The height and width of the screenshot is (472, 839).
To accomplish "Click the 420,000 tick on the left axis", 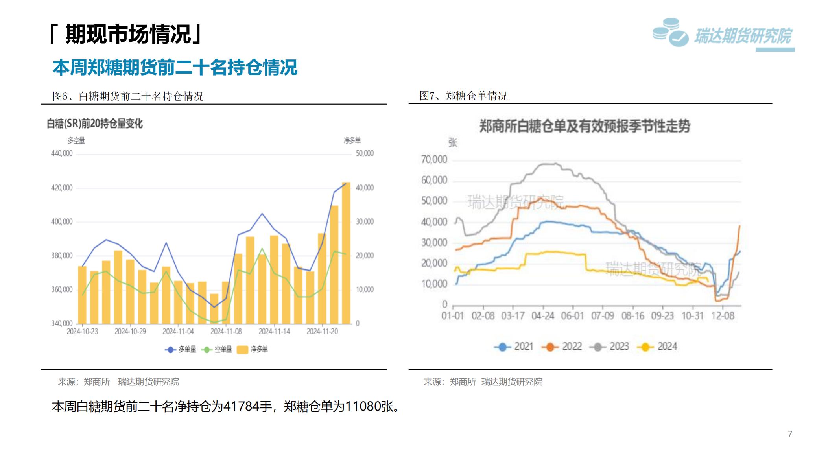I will (62, 188).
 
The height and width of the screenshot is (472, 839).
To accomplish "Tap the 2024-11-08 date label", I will (226, 332).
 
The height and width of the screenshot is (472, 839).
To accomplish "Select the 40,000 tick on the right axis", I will (365, 188).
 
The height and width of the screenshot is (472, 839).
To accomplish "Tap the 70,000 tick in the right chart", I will (434, 160).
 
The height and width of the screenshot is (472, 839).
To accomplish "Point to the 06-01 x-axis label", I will (572, 316).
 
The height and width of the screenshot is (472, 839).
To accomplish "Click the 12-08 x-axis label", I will (723, 316).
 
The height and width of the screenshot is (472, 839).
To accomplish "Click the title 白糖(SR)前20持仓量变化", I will (95, 124).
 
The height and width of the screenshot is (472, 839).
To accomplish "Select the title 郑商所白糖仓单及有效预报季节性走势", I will (585, 126).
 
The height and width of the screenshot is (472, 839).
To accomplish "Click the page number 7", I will (790, 434).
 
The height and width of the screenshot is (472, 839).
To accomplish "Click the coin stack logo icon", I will (670, 32).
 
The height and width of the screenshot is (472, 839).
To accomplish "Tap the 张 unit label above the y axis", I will (453, 143).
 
